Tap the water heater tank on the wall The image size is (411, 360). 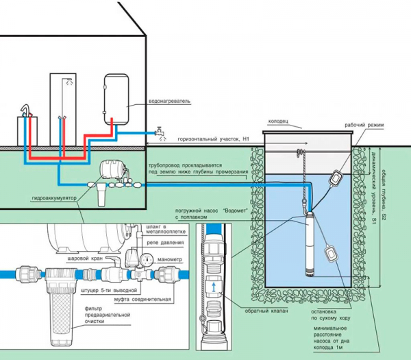click(118, 99)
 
